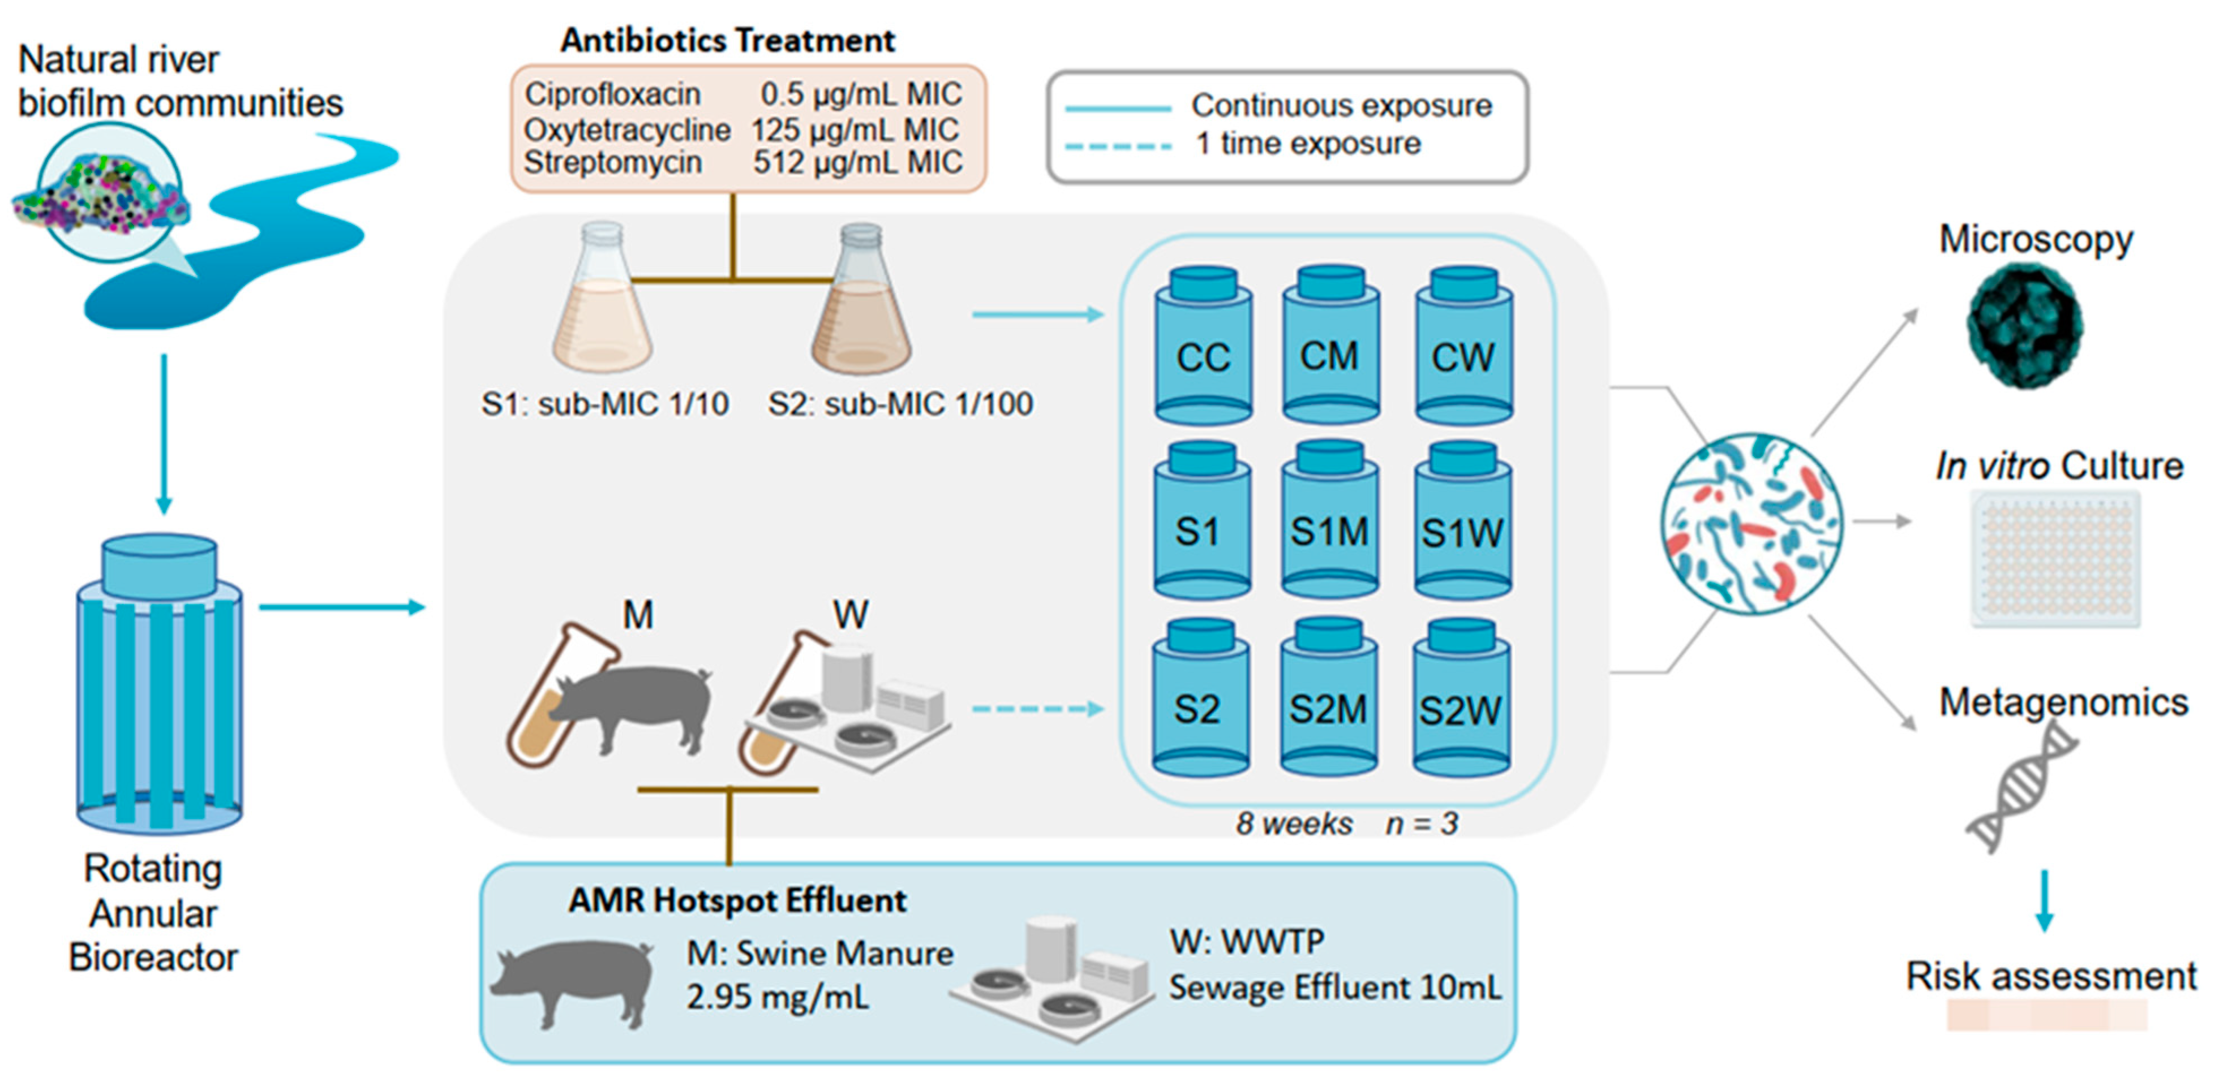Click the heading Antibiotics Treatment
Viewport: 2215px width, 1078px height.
coord(727,40)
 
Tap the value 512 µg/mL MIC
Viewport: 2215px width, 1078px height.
coord(857,162)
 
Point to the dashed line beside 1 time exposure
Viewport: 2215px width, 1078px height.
coord(1117,146)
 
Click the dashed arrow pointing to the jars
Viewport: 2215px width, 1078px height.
coord(1037,709)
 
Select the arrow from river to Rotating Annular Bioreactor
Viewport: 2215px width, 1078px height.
coord(164,434)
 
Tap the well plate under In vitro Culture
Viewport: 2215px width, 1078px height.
coord(2054,559)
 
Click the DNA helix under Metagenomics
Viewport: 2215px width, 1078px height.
coord(2021,787)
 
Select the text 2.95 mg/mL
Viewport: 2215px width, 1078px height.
coord(778,997)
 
